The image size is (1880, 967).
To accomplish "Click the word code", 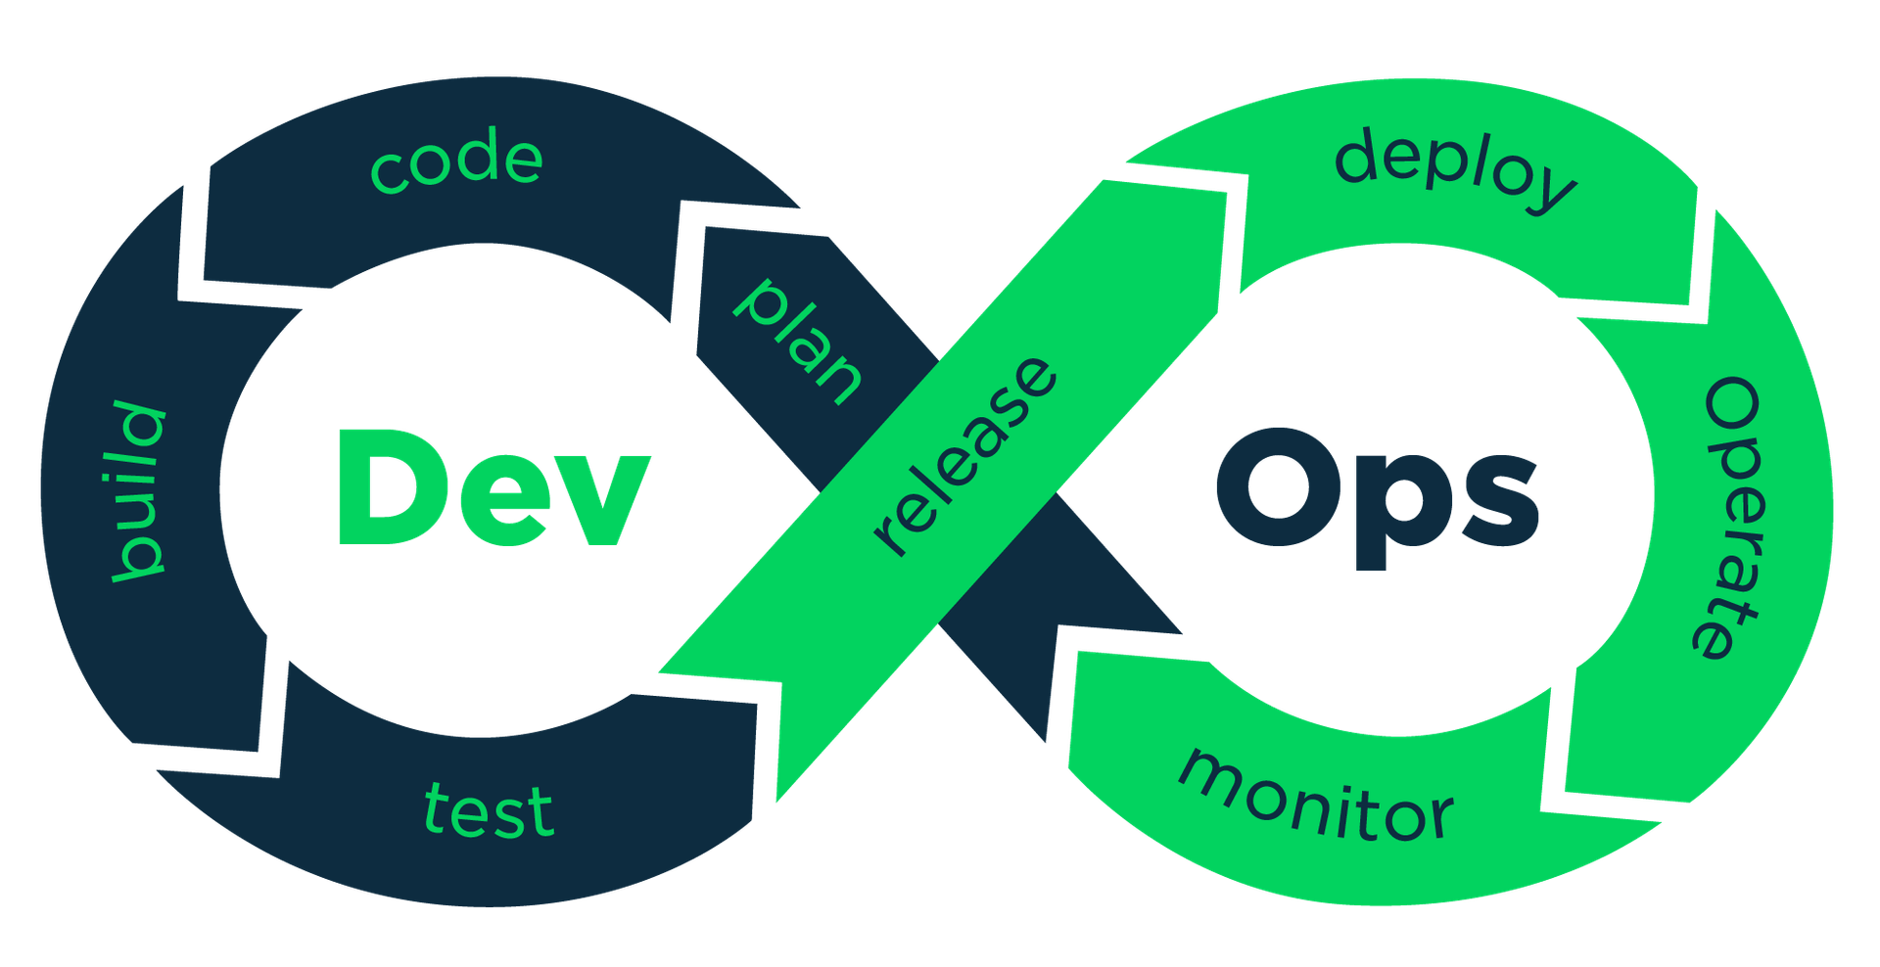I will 456,162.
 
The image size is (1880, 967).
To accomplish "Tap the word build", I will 138,489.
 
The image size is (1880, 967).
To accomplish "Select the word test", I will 489,810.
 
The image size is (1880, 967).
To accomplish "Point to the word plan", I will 798,341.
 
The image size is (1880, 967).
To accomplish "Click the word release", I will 965,455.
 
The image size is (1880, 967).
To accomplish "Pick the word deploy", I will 1455,172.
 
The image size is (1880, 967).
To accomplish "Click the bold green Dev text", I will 491,487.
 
